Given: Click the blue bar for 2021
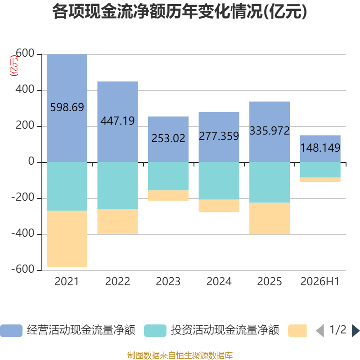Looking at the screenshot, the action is point(67,108).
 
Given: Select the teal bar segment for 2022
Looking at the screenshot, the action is point(117,185).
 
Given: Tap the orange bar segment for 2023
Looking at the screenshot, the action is point(168,195).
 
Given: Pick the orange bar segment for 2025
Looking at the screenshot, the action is point(270,218).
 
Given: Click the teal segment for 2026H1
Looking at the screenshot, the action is point(320,170).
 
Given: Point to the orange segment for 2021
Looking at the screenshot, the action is point(67,239).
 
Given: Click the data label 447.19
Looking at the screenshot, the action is point(117,121).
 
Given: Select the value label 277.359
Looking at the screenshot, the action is point(219,136).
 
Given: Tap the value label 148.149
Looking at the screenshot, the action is point(320,148).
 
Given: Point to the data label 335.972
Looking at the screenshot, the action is point(270,131).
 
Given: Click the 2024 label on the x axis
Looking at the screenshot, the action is point(219,282).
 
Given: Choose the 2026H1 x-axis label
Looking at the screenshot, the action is point(320,282).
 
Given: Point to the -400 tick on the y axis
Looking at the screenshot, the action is point(23,234).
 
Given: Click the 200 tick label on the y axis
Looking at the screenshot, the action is point(25,126).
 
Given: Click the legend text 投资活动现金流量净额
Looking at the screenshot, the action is point(225,330).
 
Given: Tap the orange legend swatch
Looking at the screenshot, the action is point(297,331).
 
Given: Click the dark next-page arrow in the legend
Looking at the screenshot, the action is point(355,331).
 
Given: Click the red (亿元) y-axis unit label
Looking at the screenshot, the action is point(14,66).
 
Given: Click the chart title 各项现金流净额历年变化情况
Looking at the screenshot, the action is point(158,11).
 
